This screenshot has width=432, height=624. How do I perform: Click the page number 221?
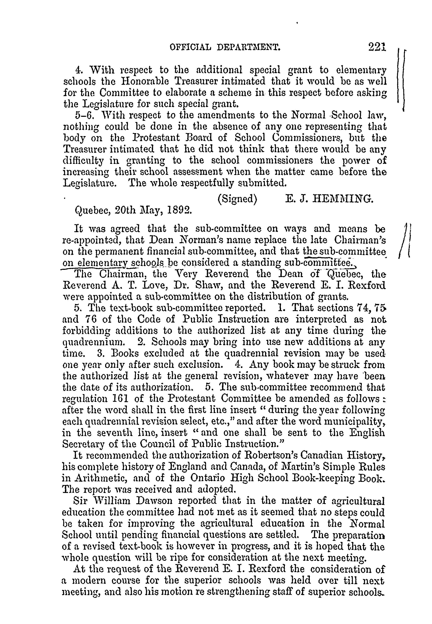coord(377,47)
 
